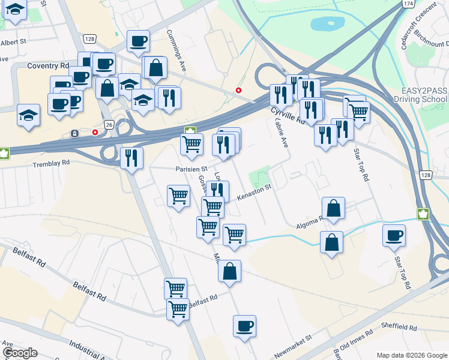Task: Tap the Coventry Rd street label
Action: coord(49,65)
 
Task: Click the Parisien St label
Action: coord(191,169)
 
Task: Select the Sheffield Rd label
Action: coord(402,328)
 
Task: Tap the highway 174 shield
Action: coord(408,4)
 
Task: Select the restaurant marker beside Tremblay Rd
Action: coord(131,157)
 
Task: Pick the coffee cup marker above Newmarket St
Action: coord(244,326)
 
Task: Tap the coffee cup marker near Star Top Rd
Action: coord(394,235)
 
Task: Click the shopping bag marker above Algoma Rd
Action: coord(333,208)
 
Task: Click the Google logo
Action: coord(20,353)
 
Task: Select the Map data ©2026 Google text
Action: coord(411,355)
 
